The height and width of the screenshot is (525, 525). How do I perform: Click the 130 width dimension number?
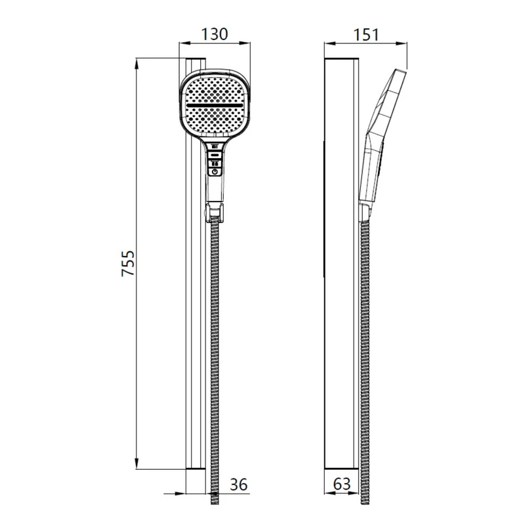click(x=215, y=34)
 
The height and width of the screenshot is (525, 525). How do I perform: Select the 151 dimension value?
click(x=366, y=35)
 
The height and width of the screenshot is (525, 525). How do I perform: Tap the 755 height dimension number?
click(x=128, y=263)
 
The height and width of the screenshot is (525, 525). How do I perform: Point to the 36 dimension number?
click(x=238, y=484)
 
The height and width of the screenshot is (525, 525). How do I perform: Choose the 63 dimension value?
click(x=342, y=484)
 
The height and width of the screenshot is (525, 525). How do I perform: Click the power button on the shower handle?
click(x=215, y=172)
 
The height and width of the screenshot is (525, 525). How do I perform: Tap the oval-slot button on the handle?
click(x=215, y=155)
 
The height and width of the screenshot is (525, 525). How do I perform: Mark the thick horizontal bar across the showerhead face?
click(x=215, y=105)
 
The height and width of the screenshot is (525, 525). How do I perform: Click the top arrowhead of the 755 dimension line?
click(x=136, y=64)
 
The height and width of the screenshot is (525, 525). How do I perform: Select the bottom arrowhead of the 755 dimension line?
click(x=136, y=463)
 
